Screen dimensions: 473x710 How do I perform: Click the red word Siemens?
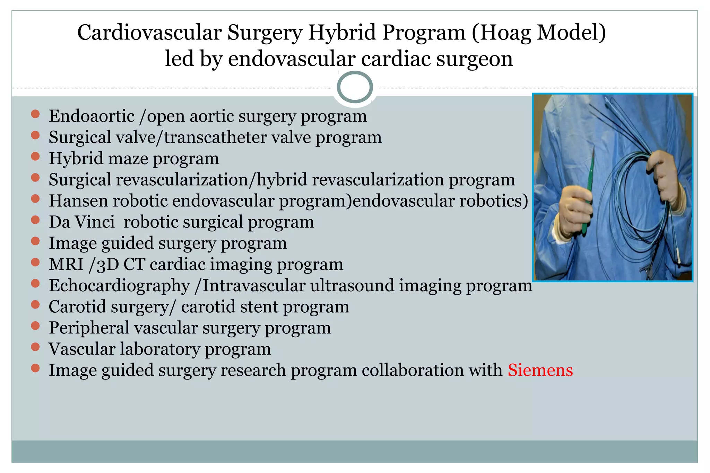pyautogui.click(x=540, y=370)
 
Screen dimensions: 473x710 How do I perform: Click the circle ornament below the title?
pyautogui.click(x=355, y=87)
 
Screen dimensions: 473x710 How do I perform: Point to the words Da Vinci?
pyautogui.click(x=81, y=222)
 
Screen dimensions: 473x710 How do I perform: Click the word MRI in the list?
pyautogui.click(x=66, y=265)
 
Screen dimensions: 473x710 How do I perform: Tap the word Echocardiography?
pyautogui.click(x=119, y=286)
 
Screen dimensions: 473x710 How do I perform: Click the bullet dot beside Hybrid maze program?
pyautogui.click(x=35, y=157)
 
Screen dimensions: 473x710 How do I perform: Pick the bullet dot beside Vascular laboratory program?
pyautogui.click(x=35, y=347)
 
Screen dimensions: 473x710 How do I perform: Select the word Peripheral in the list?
pyautogui.click(x=89, y=328)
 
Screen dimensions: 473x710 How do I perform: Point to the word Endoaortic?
pyautogui.click(x=92, y=116)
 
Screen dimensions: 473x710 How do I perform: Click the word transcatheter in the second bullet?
pyautogui.click(x=215, y=137)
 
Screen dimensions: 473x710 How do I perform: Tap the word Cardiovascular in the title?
pyautogui.click(x=149, y=33)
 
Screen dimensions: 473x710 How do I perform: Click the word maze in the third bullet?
pyautogui.click(x=128, y=159)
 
